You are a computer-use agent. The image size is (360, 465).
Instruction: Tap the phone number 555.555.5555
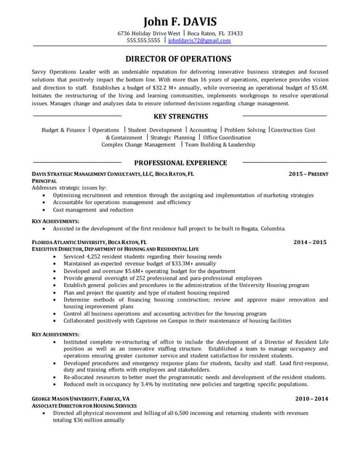[143, 41]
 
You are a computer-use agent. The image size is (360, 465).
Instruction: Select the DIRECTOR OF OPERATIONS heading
[179, 59]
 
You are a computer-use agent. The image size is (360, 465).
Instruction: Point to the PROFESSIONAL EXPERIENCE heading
[180, 163]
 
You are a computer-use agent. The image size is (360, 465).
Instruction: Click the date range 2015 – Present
[308, 174]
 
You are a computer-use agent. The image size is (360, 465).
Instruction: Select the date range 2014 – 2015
[310, 241]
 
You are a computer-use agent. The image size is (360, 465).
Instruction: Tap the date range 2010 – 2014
[311, 399]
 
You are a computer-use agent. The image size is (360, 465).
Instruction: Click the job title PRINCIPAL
[46, 181]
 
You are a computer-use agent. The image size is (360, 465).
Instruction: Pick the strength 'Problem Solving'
[244, 130]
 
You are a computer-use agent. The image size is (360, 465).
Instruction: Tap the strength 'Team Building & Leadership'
[219, 145]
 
